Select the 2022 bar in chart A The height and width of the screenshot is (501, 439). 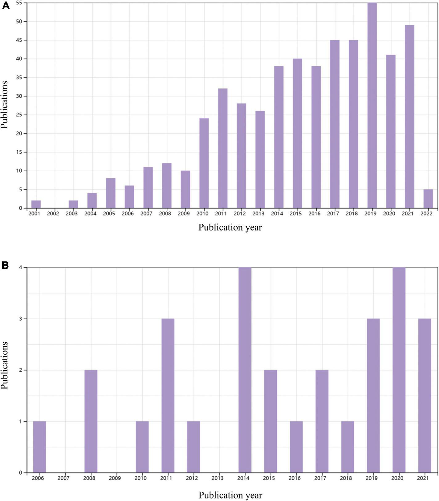tap(428, 199)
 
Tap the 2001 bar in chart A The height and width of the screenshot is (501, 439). tap(36, 204)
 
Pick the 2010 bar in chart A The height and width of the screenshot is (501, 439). tap(204, 163)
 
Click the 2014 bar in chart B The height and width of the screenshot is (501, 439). tap(245, 370)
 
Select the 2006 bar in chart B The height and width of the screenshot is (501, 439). tap(39, 447)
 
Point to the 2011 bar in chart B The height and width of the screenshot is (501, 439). tap(168, 396)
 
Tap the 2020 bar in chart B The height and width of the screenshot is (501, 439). tap(399, 370)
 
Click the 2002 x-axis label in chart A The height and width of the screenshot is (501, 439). tap(53, 214)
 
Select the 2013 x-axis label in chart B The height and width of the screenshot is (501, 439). tap(217, 478)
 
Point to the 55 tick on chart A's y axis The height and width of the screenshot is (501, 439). tap(19, 3)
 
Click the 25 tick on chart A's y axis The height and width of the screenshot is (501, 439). tap(19, 115)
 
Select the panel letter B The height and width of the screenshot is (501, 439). tap(5, 265)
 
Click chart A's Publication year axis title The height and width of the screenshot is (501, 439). tap(230, 227)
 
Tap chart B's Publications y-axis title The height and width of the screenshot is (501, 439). tap(5, 365)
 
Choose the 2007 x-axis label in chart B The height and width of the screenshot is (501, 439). tap(63, 478)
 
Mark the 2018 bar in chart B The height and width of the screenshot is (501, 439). tap(348, 447)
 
